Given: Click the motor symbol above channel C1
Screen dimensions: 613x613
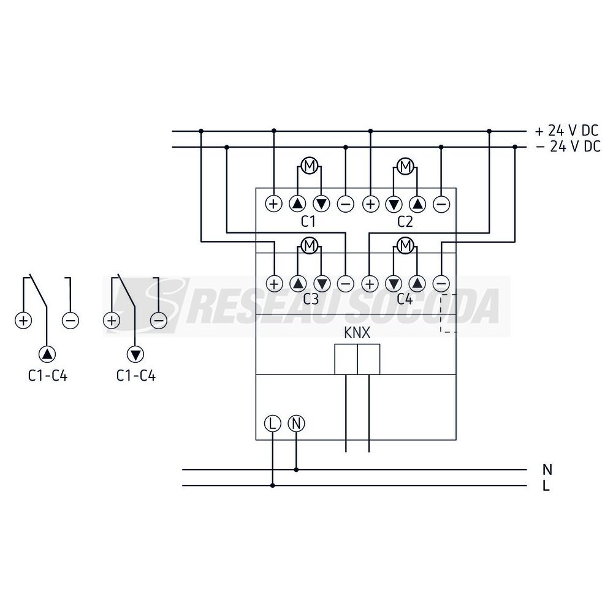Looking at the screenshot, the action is pyautogui.click(x=310, y=166).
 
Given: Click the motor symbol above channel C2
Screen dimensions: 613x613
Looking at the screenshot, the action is pyautogui.click(x=406, y=166).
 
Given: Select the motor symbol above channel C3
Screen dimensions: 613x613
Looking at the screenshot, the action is pyautogui.click(x=310, y=246).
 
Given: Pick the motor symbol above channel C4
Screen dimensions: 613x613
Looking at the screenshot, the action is pyautogui.click(x=406, y=246).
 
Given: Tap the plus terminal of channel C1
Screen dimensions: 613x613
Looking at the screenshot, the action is pyautogui.click(x=273, y=204).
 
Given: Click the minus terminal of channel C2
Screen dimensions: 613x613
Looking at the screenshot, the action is pyautogui.click(x=441, y=204).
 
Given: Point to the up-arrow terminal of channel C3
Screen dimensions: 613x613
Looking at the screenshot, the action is pyautogui.click(x=298, y=283).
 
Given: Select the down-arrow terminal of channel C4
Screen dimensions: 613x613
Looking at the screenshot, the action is pyautogui.click(x=394, y=283).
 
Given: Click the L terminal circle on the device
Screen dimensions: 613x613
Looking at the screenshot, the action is pyautogui.click(x=273, y=424).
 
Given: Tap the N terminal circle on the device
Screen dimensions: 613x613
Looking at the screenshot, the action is pyautogui.click(x=296, y=424).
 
